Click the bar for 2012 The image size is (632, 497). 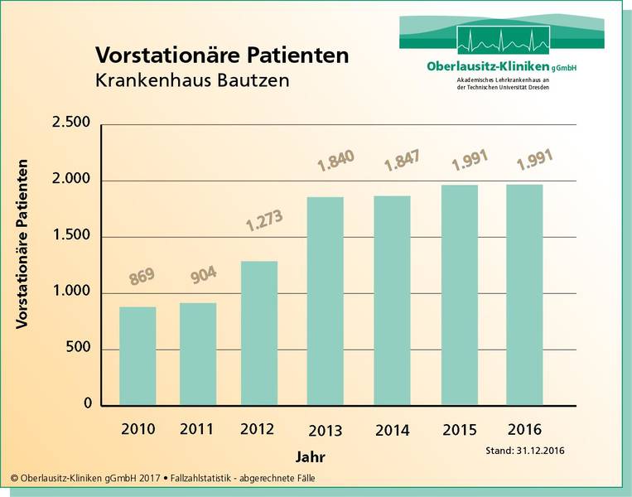coord(258,333)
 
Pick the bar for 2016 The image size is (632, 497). coord(524,295)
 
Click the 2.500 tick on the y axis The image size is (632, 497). coord(71,123)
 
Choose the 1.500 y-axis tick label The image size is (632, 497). coord(71,236)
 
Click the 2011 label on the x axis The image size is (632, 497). coord(197,429)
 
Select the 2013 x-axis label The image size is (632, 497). coord(326,431)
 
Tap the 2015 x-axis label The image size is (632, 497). coord(460,430)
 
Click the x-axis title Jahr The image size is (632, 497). coord(311,457)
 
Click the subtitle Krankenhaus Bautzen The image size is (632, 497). coord(193,82)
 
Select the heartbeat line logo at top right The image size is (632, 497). coord(502,40)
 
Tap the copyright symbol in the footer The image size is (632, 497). coord(15,479)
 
